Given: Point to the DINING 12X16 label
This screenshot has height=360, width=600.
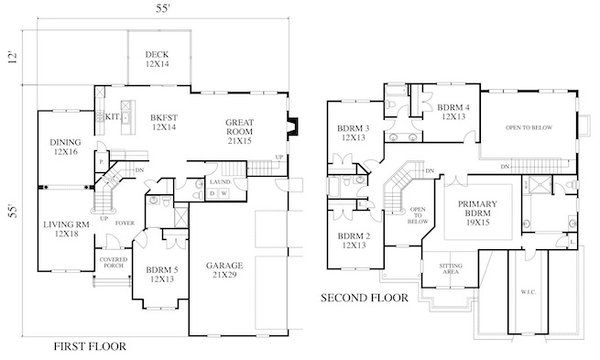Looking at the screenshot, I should (x=64, y=147).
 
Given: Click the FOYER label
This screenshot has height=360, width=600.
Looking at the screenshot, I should (x=125, y=223).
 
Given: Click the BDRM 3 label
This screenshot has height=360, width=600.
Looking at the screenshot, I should (x=354, y=132).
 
